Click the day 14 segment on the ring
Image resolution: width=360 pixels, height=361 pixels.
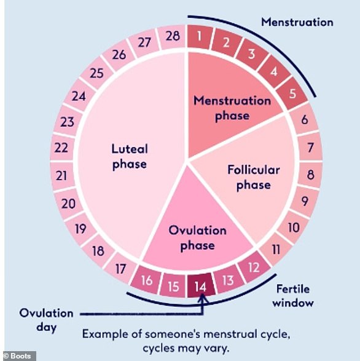[x=201, y=286]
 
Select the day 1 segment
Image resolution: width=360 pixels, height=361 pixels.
[x=200, y=36]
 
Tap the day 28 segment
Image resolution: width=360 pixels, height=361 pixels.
[x=173, y=36]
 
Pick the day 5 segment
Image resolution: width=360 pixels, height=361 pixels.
[x=292, y=93]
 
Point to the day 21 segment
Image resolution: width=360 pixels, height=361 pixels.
[x=61, y=176]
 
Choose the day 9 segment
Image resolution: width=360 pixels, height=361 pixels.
[x=305, y=201]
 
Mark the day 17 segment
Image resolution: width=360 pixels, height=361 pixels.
[x=120, y=269]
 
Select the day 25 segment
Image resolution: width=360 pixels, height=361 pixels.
[x=96, y=73]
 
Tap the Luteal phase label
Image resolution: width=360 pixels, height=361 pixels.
[x=130, y=157]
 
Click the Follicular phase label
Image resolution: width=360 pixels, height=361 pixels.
[x=254, y=177]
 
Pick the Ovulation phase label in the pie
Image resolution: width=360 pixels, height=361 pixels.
[x=197, y=237]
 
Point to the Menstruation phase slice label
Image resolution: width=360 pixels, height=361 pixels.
[x=232, y=108]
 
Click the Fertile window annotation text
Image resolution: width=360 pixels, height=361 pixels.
[x=293, y=296]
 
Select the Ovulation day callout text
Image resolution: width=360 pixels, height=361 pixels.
[x=47, y=320]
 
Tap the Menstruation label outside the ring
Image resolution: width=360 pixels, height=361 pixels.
[x=297, y=22]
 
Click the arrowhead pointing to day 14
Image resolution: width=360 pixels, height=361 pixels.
[x=203, y=298]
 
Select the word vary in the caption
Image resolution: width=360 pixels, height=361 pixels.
[x=218, y=349]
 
